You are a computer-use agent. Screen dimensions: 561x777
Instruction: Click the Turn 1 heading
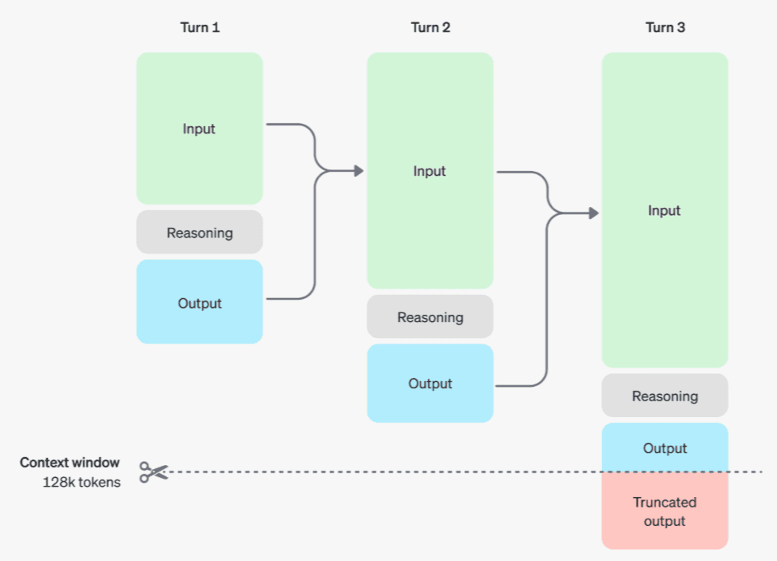pyautogui.click(x=200, y=28)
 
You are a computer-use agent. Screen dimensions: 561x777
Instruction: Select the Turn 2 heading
pyautogui.click(x=430, y=28)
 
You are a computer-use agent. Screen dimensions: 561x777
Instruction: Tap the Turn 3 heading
pyautogui.click(x=664, y=28)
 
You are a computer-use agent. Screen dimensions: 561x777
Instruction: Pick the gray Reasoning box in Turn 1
pyautogui.click(x=200, y=233)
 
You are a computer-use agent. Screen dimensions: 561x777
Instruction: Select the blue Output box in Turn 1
pyautogui.click(x=200, y=302)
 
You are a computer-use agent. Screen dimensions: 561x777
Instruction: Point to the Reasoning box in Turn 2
pyautogui.click(x=430, y=317)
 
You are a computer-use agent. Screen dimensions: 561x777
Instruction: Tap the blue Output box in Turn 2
pyautogui.click(x=430, y=384)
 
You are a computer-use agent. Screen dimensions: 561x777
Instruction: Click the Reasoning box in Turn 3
pyautogui.click(x=664, y=396)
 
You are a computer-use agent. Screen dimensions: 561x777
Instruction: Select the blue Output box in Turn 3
pyautogui.click(x=664, y=448)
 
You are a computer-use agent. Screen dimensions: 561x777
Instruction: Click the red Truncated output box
pyautogui.click(x=664, y=511)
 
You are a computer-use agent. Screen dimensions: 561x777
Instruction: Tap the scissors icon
pyautogui.click(x=153, y=472)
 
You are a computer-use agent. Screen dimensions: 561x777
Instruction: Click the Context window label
pyautogui.click(x=70, y=463)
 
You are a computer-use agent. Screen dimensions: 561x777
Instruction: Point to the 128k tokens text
pyautogui.click(x=81, y=482)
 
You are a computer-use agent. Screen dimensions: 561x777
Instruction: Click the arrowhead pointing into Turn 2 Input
pyautogui.click(x=359, y=170)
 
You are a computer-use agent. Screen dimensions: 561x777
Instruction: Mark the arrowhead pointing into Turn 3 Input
pyautogui.click(x=593, y=213)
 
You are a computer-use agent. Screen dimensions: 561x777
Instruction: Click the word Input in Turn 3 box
pyautogui.click(x=664, y=210)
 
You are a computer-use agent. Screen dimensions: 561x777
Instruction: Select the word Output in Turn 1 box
pyautogui.click(x=200, y=303)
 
